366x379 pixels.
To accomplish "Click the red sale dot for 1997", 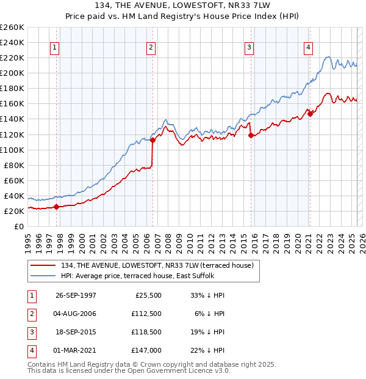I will (57, 207).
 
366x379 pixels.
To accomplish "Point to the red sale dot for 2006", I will (152, 140).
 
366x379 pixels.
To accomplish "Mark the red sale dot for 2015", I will (251, 136).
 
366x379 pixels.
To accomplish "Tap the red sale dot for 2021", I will (310, 113).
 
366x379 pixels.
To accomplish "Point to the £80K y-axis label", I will (13, 165).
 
